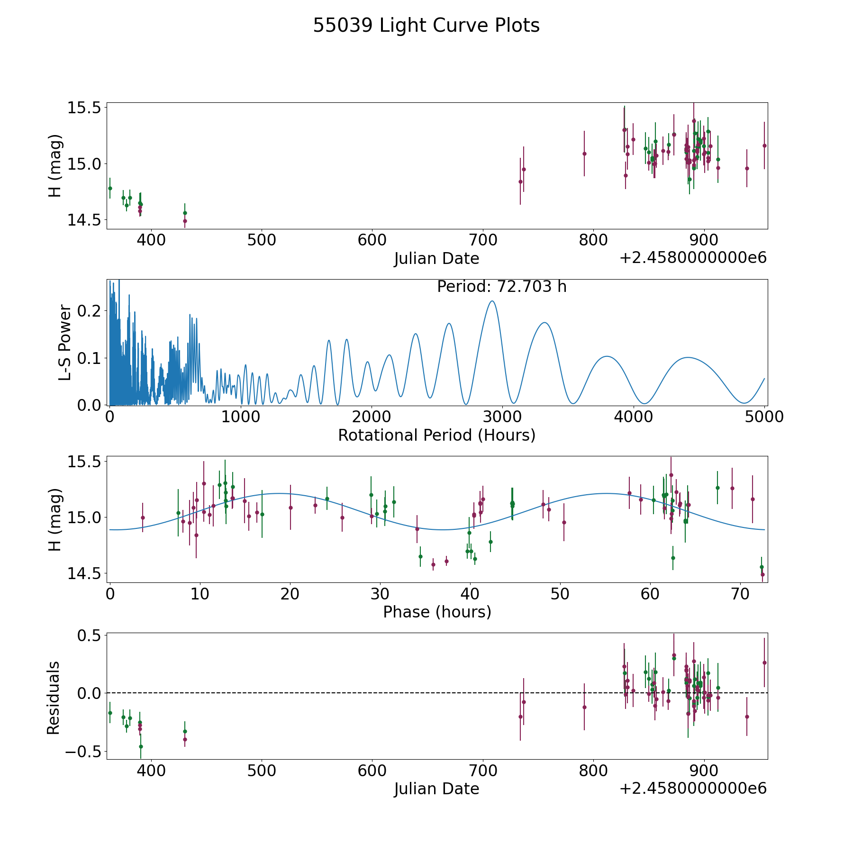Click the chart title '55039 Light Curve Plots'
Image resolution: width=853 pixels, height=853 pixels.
[426, 26]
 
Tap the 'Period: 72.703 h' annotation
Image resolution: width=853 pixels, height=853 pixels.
[501, 287]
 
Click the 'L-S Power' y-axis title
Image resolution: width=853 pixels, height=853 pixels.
[65, 343]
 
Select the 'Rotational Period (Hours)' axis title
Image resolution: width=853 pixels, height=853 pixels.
[436, 435]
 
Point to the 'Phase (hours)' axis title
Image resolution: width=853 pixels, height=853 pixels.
[436, 612]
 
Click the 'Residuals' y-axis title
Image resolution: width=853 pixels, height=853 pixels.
[54, 697]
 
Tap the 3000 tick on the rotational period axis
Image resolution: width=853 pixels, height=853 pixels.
[503, 417]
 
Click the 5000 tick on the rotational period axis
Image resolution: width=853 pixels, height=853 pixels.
[764, 417]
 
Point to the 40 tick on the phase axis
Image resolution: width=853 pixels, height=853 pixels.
[470, 594]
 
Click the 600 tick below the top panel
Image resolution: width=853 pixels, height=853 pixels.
[372, 240]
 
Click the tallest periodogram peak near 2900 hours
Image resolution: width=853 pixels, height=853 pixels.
[492, 301]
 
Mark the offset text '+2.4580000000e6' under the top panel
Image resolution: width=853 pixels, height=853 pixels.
[693, 258]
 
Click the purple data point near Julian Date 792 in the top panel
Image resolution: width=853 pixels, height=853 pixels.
[584, 154]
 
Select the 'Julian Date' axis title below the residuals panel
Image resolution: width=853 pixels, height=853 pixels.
[436, 789]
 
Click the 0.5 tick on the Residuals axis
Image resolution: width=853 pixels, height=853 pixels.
[90, 635]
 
